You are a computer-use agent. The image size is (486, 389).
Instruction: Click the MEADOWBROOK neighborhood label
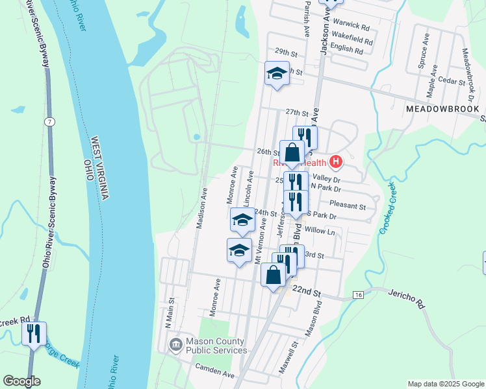click(442, 110)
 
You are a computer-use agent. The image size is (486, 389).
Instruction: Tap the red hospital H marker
click(336, 161)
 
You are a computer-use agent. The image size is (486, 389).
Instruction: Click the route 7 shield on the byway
click(49, 122)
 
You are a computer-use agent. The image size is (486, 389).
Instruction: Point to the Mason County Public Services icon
click(175, 346)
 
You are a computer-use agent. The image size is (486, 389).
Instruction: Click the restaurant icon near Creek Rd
click(34, 334)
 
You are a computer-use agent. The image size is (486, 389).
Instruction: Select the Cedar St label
click(449, 81)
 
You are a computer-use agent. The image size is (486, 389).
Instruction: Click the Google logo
click(21, 381)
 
